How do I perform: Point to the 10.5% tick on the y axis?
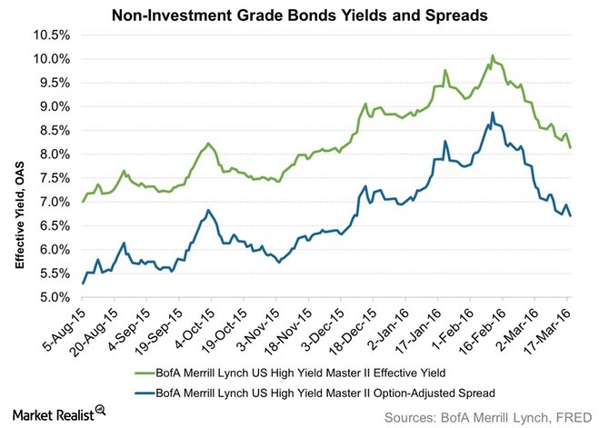(52, 35)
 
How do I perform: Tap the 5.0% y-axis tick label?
(54, 297)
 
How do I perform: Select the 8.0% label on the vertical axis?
(54, 154)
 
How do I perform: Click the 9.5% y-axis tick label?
(54, 83)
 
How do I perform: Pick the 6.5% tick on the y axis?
(54, 225)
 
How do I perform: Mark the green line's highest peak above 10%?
(492, 55)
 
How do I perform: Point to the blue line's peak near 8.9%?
(492, 113)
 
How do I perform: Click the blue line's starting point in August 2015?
(83, 284)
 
